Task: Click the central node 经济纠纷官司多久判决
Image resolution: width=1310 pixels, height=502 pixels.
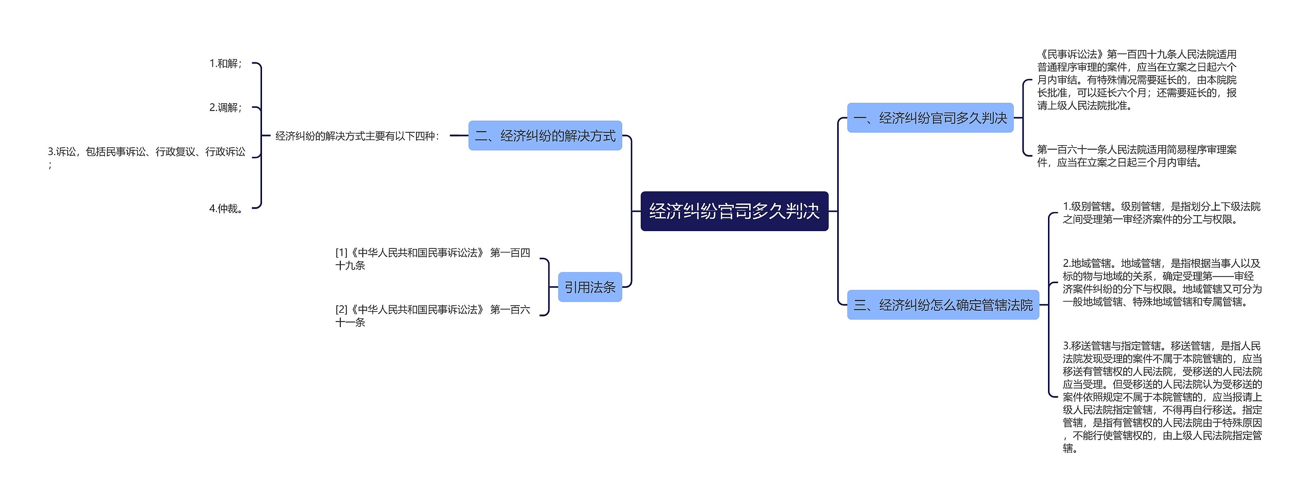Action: pyautogui.click(x=734, y=211)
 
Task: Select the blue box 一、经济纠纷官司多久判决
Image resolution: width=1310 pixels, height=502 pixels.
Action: pyautogui.click(x=930, y=118)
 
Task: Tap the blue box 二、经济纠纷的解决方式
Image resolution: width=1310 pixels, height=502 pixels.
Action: pyautogui.click(x=545, y=136)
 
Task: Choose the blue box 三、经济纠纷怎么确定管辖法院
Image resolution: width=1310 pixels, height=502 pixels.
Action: pyautogui.click(x=943, y=305)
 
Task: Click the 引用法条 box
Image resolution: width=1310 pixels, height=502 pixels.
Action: pyautogui.click(x=589, y=287)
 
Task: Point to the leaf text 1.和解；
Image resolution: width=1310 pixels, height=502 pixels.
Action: pyautogui.click(x=226, y=64)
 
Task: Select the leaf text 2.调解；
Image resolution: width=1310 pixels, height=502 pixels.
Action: pyautogui.click(x=226, y=108)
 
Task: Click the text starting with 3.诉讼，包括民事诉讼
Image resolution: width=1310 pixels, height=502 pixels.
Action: pyautogui.click(x=146, y=152)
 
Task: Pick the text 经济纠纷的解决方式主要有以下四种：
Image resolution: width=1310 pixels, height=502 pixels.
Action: pyautogui.click(x=357, y=136)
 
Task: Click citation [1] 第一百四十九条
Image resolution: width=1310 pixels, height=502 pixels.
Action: pyautogui.click(x=432, y=259)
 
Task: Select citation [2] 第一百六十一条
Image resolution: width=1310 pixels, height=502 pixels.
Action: pyautogui.click(x=432, y=316)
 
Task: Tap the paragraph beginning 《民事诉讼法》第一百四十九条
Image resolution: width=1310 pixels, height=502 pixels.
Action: pyautogui.click(x=1137, y=80)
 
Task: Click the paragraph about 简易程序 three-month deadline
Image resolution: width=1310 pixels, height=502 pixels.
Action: pyautogui.click(x=1137, y=156)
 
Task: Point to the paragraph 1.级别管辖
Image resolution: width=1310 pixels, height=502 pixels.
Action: pyautogui.click(x=1162, y=213)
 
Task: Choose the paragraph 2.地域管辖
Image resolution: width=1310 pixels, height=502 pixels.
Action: pyautogui.click(x=1162, y=283)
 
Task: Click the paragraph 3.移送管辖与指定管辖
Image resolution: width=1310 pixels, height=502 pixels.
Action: pyautogui.click(x=1162, y=397)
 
